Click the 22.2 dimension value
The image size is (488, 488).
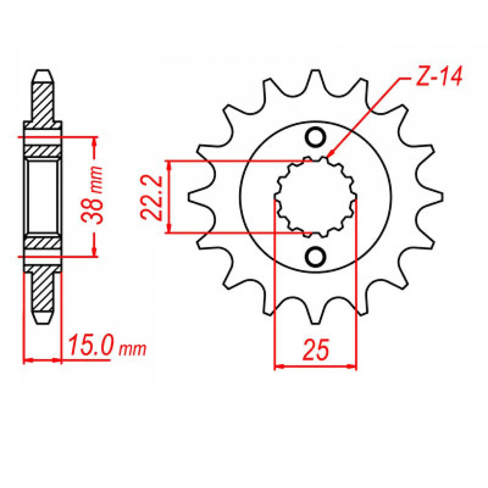point(152,198)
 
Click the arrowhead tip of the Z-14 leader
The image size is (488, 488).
point(329,156)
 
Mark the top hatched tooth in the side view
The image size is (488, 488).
point(43,98)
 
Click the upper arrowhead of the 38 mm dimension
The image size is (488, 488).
point(95,141)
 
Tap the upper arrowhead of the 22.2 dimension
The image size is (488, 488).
point(170,163)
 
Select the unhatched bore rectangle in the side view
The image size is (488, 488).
point(43,197)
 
